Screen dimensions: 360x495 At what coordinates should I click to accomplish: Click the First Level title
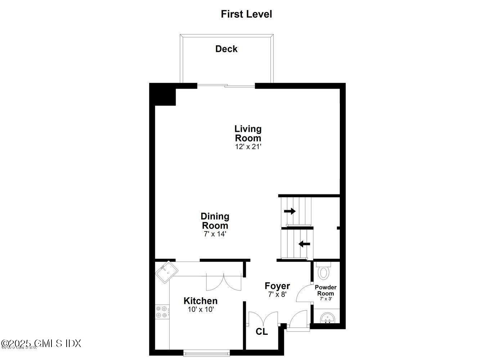click(246, 14)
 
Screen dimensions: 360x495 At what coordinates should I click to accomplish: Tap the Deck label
click(226, 49)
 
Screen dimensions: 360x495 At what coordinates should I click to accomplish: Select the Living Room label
click(248, 133)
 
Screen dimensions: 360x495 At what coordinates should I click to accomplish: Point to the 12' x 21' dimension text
click(248, 147)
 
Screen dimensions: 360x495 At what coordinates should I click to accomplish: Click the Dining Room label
click(215, 221)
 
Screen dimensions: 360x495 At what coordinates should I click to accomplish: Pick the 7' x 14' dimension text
click(215, 234)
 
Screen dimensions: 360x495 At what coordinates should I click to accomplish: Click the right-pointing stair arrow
click(290, 211)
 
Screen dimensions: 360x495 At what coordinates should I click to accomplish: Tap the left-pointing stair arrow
click(304, 244)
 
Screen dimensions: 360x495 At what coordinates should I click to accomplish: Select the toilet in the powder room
click(324, 271)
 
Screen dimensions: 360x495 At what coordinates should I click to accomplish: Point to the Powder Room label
click(325, 290)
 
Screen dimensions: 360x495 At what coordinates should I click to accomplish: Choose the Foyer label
click(277, 286)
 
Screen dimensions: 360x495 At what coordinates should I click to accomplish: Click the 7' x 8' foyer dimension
click(277, 294)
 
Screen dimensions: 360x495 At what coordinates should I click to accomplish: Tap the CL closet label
click(262, 332)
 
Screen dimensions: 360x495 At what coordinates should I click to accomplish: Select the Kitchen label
click(201, 301)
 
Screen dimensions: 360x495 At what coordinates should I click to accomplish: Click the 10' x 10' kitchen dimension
click(201, 309)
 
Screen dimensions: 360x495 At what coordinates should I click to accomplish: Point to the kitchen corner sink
click(166, 272)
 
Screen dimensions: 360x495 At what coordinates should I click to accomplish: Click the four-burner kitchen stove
click(162, 312)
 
